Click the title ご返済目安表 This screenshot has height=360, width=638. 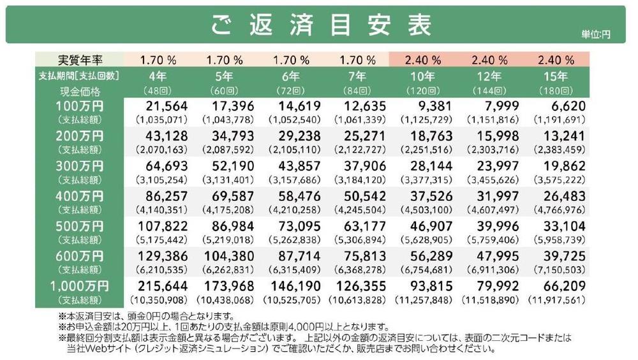pos(321,25)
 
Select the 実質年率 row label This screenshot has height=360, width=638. pos(80,60)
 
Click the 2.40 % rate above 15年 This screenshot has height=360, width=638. pos(556,60)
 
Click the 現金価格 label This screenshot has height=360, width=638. pos(80,91)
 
